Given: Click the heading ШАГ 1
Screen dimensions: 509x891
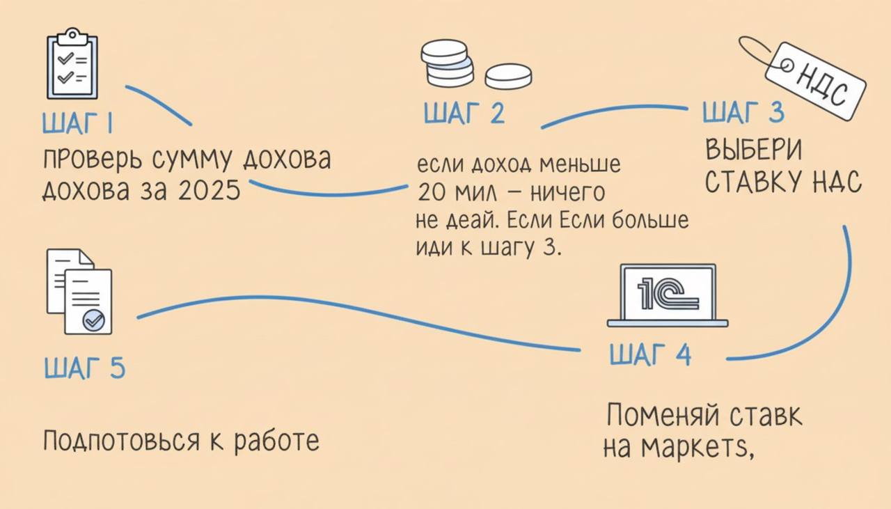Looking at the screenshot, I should click(78, 125).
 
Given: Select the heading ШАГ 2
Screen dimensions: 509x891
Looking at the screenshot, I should click(464, 113).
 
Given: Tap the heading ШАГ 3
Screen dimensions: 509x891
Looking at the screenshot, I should click(743, 112).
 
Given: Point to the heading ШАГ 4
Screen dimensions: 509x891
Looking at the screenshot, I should click(650, 355).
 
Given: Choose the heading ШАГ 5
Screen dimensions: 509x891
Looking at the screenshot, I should click(84, 368).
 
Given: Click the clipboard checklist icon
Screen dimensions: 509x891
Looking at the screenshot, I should click(72, 64).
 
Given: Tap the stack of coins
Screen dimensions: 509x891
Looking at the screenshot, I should click(446, 63).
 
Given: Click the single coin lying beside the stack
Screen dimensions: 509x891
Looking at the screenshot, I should click(508, 76).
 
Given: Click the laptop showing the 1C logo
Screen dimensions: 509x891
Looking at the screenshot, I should click(667, 295).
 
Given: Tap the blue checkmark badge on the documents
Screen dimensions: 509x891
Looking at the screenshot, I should click(93, 320).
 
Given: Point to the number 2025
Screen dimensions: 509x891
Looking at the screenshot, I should click(209, 190).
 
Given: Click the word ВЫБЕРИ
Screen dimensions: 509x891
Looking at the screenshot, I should click(753, 150).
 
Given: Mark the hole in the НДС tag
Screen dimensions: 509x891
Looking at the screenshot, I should click(787, 65).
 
